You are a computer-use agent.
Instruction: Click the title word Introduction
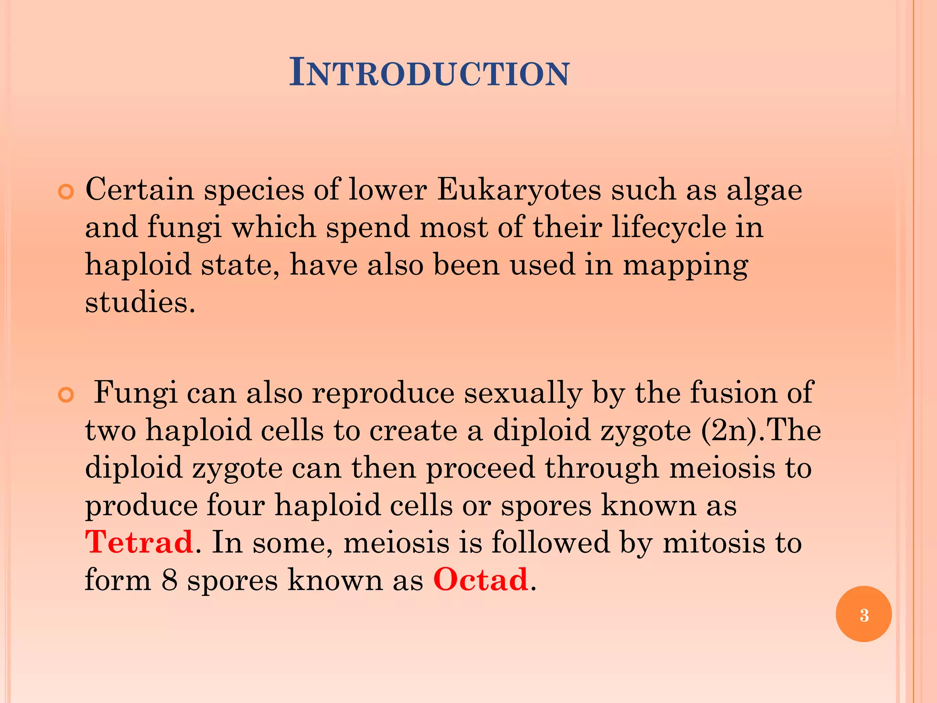tap(430, 73)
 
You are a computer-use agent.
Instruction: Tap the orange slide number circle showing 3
tap(863, 614)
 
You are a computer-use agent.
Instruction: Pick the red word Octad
tap(480, 579)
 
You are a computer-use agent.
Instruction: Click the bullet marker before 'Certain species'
tap(66, 192)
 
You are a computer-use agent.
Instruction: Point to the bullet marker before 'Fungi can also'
tap(66, 395)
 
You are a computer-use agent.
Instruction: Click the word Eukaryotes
tap(519, 189)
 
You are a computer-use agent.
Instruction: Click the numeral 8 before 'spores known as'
tap(169, 580)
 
